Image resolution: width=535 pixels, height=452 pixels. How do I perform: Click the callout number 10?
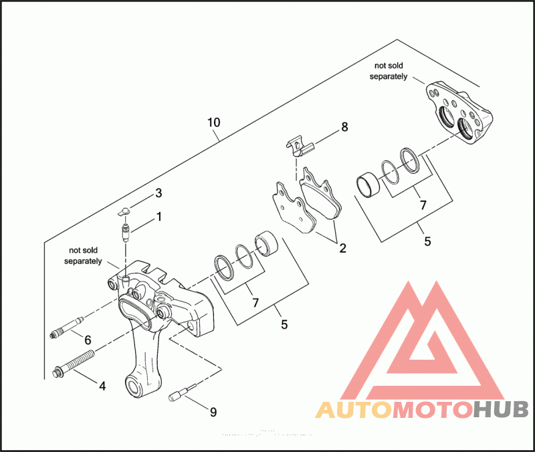pyautogui.click(x=213, y=123)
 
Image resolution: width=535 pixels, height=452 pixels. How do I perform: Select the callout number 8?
pyautogui.click(x=344, y=126)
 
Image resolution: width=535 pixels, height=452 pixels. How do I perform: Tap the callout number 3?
pyautogui.click(x=158, y=193)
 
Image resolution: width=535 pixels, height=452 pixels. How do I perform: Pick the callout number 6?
pyautogui.click(x=87, y=340)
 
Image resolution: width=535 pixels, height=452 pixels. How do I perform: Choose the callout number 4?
pyautogui.click(x=102, y=385)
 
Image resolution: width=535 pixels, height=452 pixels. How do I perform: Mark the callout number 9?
pyautogui.click(x=213, y=412)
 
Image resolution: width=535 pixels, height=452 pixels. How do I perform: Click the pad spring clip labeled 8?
pyautogui.click(x=297, y=144)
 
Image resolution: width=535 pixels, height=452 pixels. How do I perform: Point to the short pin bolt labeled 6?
pyautogui.click(x=67, y=329)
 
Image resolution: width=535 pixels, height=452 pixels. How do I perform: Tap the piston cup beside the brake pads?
pyautogui.click(x=266, y=243)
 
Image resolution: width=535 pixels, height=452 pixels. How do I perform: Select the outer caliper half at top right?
pyautogui.click(x=461, y=112)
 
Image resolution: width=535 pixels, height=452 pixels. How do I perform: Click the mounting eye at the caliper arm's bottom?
pyautogui.click(x=135, y=386)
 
